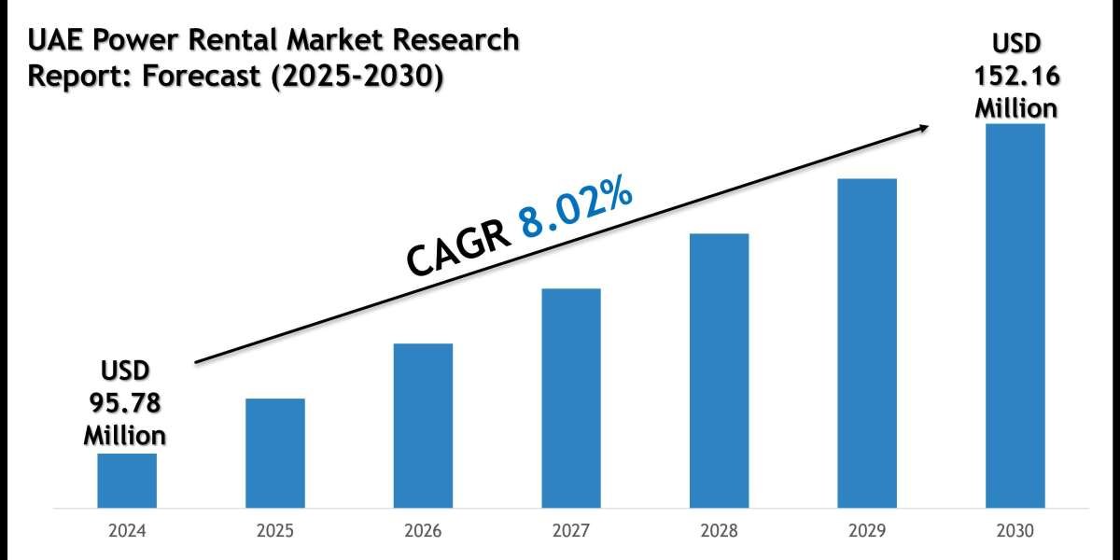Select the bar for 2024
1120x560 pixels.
click(x=127, y=481)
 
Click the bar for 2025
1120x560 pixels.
click(x=275, y=454)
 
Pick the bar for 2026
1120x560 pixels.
click(x=423, y=426)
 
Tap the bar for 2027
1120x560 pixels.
click(x=571, y=399)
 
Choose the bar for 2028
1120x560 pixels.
click(x=719, y=371)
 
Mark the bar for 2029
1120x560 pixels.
click(x=867, y=343)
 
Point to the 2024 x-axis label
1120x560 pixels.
click(x=127, y=533)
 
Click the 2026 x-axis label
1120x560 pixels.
click(x=423, y=533)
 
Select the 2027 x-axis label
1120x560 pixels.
click(x=571, y=533)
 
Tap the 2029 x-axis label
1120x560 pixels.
click(x=867, y=533)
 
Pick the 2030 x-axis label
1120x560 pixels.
click(x=1015, y=533)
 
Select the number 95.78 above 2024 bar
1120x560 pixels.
click(x=125, y=403)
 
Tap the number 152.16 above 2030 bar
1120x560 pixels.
click(x=1016, y=76)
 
